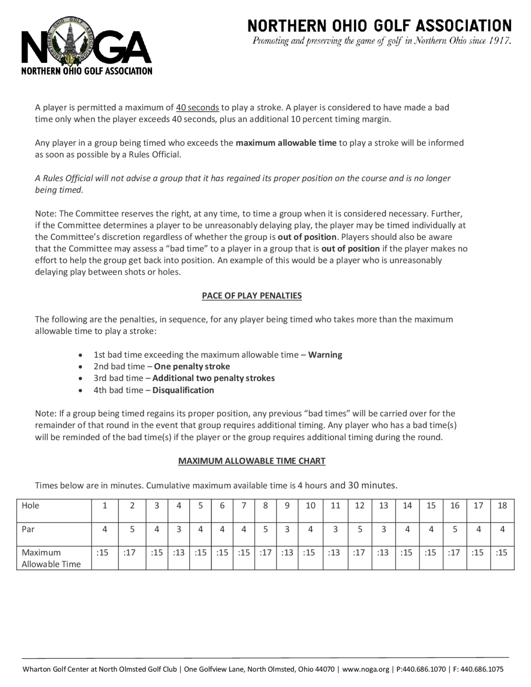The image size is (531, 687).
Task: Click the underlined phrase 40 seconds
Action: (197, 108)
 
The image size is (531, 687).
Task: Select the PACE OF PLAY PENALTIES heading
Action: (252, 296)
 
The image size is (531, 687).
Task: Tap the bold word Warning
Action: (325, 355)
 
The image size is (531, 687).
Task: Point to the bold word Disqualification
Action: (183, 390)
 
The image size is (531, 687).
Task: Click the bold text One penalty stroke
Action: (192, 367)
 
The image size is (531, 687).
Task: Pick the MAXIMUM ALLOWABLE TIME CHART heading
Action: (252, 461)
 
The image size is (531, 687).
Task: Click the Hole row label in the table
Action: (31, 505)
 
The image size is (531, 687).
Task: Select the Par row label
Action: (28, 529)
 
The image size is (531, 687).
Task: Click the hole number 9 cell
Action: (287, 505)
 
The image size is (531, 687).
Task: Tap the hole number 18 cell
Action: (502, 505)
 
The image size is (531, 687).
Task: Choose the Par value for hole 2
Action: (132, 529)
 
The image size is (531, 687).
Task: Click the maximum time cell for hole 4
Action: (178, 553)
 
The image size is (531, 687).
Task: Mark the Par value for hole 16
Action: (455, 529)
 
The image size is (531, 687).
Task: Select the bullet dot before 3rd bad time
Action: (81, 379)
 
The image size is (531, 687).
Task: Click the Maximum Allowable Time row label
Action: (51, 558)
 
